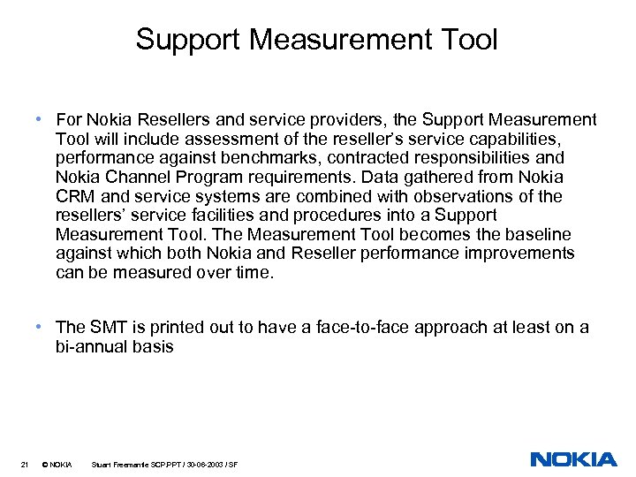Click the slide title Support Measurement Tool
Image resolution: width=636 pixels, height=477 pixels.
tap(317, 40)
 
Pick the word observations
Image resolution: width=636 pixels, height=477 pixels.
tap(484, 197)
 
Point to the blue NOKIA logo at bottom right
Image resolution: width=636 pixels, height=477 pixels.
tap(573, 459)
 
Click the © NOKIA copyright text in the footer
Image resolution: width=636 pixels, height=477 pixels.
tap(57, 465)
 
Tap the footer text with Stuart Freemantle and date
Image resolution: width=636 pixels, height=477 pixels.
tap(164, 465)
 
